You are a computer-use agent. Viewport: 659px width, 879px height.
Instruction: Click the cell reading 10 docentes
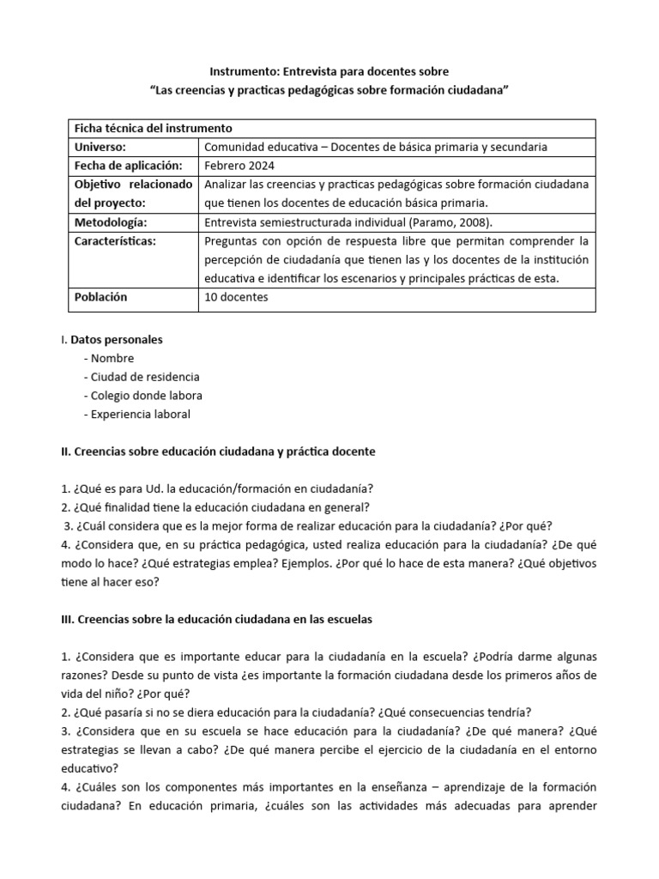pos(237,297)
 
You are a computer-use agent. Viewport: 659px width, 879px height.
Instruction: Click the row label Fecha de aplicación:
pos(129,165)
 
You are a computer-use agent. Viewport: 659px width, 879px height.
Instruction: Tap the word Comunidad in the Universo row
pos(236,147)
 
